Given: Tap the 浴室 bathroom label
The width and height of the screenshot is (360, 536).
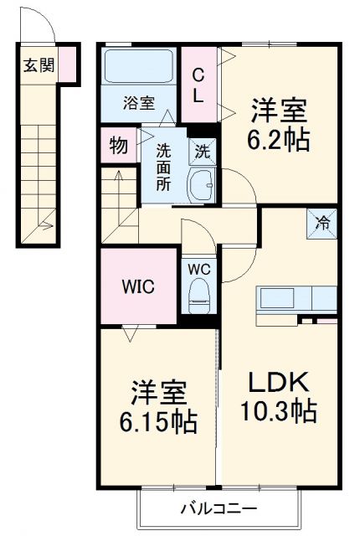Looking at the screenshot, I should click(138, 103).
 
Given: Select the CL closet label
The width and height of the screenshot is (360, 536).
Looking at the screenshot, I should click(198, 85).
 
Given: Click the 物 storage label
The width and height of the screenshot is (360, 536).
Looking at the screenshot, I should click(118, 147).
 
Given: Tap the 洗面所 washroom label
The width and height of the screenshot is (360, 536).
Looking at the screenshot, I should click(164, 166).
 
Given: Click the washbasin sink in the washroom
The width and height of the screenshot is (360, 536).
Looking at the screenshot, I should click(202, 184).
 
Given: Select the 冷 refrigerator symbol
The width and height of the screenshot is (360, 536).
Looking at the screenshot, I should click(322, 223).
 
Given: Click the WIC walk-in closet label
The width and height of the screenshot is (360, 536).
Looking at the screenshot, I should click(138, 286).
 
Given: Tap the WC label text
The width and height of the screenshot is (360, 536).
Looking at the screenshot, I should click(198, 271).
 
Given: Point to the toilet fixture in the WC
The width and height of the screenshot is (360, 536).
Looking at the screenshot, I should click(199, 296).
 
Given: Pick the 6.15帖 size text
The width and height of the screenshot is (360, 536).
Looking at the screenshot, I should click(157, 422).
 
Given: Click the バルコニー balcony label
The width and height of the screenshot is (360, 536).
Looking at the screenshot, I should click(217, 508).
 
